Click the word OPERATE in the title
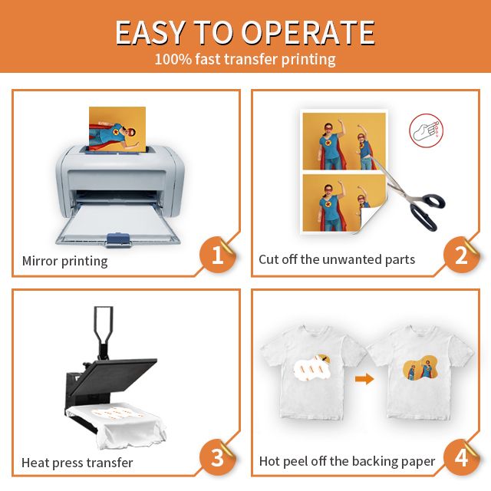308,32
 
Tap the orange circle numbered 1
218,255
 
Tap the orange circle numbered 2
461,255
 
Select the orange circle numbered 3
218,457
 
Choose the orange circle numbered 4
461,457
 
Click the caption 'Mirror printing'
64,261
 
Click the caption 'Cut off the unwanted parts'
337,259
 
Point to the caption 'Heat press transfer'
77,463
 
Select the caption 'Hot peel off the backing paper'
347,461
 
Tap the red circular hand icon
427,130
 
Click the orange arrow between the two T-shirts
364,379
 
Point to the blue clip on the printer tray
118,239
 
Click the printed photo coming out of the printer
117,129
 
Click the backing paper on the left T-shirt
312,367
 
